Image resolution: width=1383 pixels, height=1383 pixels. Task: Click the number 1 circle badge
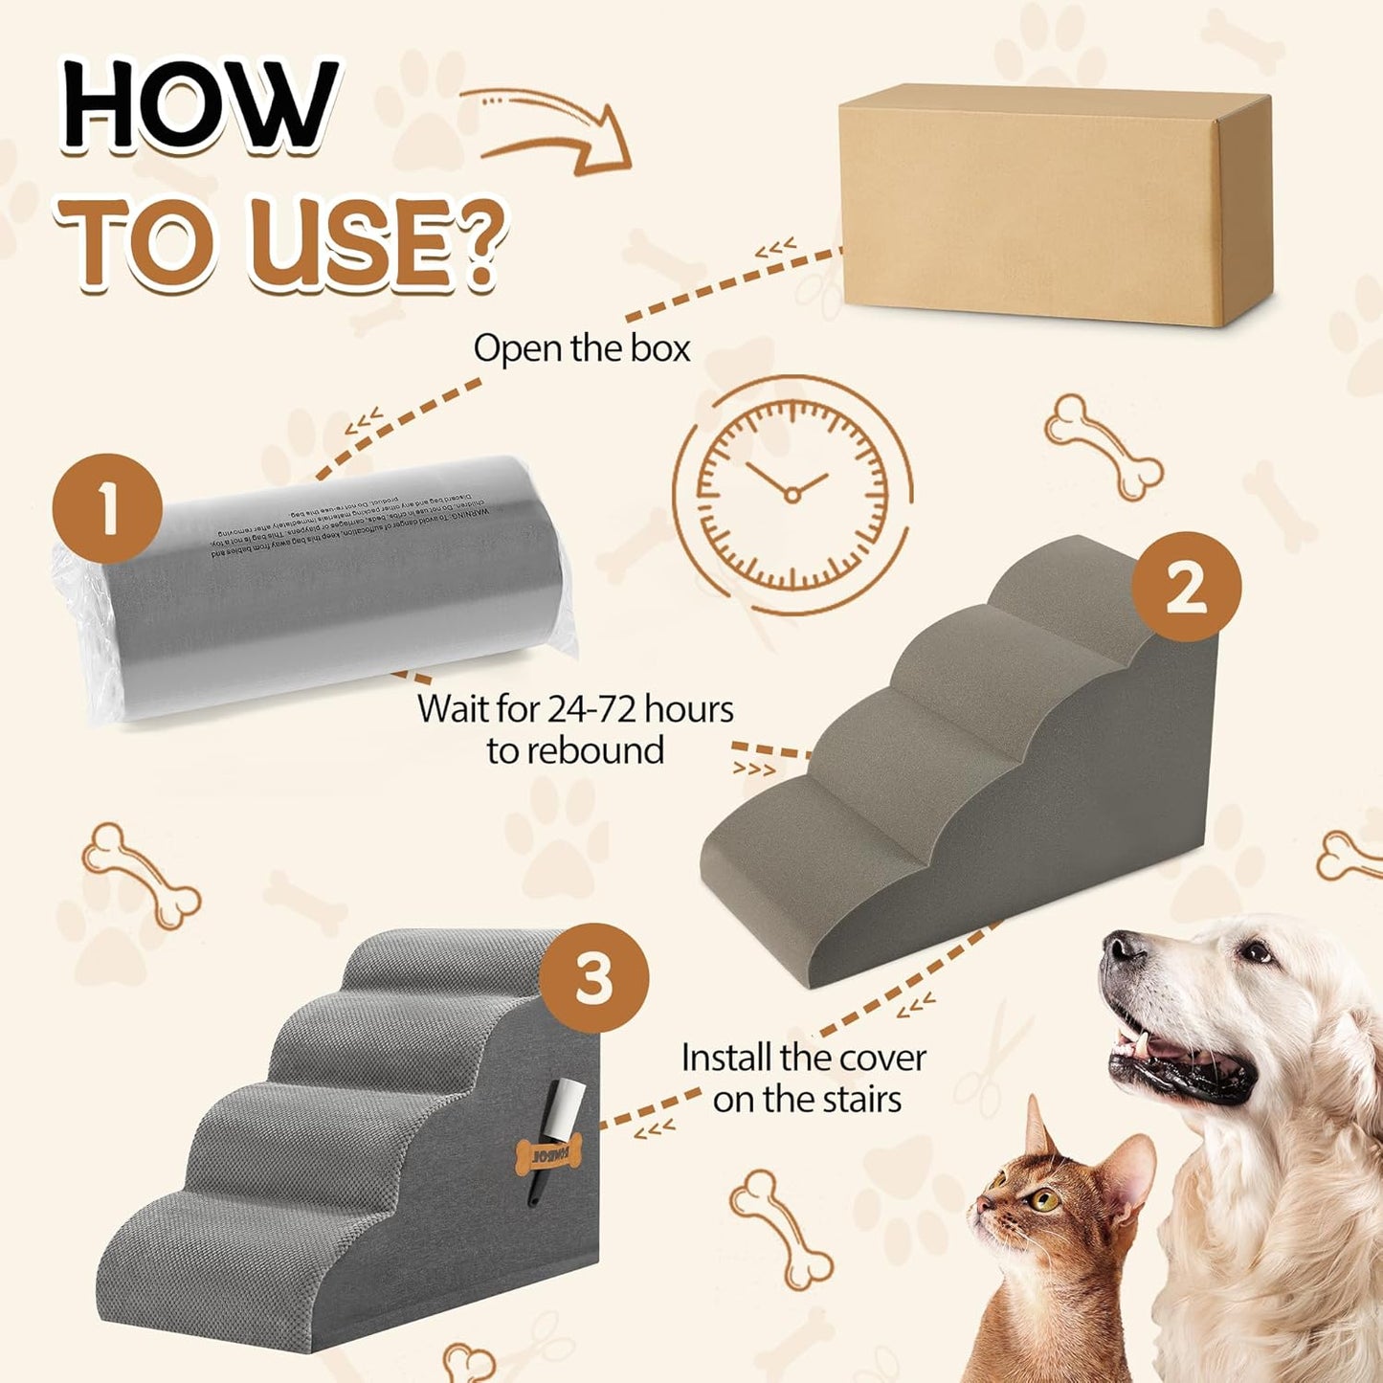click(x=106, y=508)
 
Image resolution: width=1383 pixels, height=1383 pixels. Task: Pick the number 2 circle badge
click(x=1186, y=587)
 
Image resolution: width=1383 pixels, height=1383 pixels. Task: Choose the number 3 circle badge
click(x=593, y=978)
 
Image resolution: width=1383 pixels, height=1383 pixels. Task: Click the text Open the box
click(x=581, y=348)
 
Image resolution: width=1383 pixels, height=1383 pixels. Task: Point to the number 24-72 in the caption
click(x=592, y=709)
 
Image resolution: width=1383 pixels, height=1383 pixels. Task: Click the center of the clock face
click(x=792, y=494)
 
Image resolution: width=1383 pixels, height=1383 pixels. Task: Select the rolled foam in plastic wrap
click(x=316, y=589)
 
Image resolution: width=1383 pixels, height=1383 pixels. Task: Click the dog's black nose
click(x=1121, y=948)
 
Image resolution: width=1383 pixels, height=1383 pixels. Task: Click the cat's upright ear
click(x=1037, y=1128)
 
